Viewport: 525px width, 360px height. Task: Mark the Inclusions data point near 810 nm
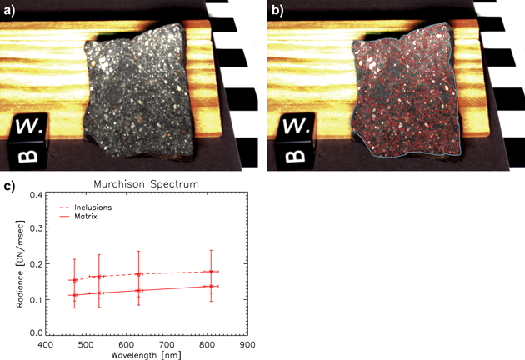[x=212, y=272]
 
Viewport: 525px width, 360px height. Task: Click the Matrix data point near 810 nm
[x=212, y=286]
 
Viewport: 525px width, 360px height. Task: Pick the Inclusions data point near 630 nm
[x=138, y=274]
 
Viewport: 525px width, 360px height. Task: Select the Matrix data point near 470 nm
[x=73, y=294]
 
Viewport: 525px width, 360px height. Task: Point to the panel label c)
[x=7, y=186]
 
